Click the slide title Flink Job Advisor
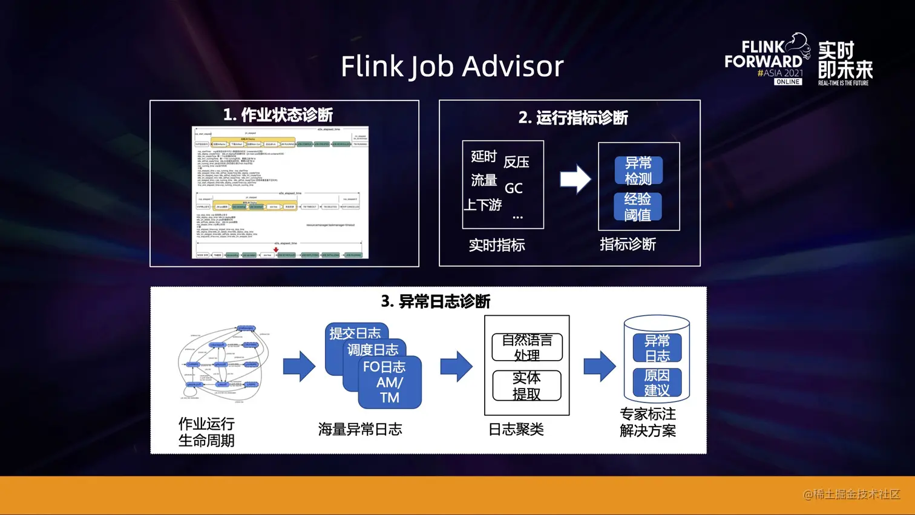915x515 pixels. [452, 66]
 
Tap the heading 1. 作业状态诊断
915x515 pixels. [278, 114]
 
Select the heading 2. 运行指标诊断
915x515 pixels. [572, 117]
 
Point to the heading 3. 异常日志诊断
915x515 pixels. [435, 301]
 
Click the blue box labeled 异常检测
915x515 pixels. [638, 171]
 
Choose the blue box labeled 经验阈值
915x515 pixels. [638, 207]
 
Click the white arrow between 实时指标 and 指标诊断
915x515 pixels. [574, 179]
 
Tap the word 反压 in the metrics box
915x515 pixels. [516, 162]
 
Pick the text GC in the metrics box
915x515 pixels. [513, 188]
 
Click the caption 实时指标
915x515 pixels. [497, 245]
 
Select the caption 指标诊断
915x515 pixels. [628, 244]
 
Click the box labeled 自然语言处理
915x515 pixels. [527, 347]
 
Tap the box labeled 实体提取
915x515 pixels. [526, 385]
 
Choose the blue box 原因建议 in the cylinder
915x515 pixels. [657, 382]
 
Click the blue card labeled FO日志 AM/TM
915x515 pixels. [389, 382]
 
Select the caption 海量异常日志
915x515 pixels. [360, 429]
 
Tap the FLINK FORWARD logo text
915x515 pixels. [763, 54]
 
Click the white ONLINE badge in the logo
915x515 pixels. [788, 82]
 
